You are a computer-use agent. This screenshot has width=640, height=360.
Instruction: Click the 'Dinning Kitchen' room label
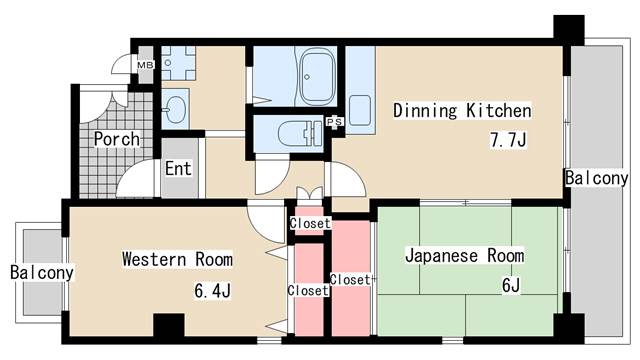[462, 111]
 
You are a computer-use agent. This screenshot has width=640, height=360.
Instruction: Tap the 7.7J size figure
[508, 140]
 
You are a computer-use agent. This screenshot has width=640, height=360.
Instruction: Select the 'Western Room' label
[178, 259]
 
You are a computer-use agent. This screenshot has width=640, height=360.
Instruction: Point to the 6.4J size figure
[212, 291]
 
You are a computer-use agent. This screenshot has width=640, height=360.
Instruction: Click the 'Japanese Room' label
[464, 256]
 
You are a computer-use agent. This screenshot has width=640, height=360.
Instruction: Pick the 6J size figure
[511, 285]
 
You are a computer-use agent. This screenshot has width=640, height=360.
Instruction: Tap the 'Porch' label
[117, 139]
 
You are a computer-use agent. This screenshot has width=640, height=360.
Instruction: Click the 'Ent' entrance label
[178, 169]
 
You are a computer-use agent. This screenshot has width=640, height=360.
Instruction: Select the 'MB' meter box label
[145, 65]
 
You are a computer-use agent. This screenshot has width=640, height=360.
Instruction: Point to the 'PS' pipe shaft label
[334, 121]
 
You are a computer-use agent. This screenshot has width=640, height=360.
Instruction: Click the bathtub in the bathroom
[318, 76]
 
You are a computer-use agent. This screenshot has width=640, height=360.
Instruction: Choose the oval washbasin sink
[175, 109]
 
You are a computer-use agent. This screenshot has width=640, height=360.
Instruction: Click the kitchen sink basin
[360, 110]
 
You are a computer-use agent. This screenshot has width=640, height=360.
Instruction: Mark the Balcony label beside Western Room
[42, 273]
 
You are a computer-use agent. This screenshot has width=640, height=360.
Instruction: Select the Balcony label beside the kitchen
[596, 178]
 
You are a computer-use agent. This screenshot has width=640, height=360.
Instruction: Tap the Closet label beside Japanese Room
[350, 280]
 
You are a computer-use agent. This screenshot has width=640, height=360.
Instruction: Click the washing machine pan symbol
[178, 63]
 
